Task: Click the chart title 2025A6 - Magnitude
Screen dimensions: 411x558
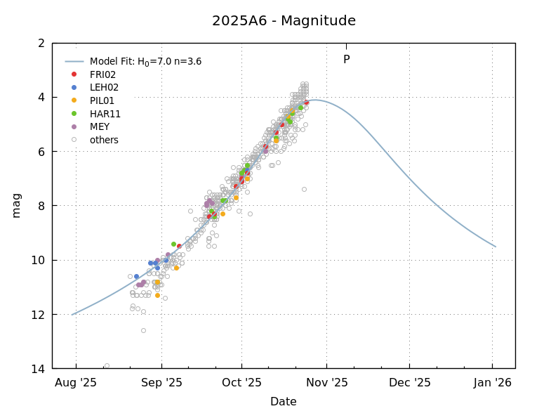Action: (284, 21)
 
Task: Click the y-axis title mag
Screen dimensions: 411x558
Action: (16, 205)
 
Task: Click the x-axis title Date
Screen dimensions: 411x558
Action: (283, 402)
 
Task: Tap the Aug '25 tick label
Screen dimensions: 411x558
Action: (76, 383)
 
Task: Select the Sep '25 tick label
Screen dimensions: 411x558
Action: (161, 383)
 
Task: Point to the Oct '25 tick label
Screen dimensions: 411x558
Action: (241, 383)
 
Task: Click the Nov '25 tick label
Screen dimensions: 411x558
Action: (326, 383)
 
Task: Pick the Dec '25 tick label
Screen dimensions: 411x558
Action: (409, 383)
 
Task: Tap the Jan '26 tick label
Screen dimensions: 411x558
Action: (492, 383)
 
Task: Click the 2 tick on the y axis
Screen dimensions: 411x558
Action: (41, 44)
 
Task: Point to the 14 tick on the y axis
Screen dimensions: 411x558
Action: (39, 369)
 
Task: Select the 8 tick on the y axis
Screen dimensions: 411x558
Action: (41, 206)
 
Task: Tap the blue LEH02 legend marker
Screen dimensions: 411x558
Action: (74, 87)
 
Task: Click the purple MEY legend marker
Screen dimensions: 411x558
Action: (74, 126)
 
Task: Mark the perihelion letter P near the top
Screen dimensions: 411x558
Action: (346, 60)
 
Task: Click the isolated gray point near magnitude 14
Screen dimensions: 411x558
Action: (107, 365)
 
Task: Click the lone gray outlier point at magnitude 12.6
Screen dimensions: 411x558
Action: (143, 330)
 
